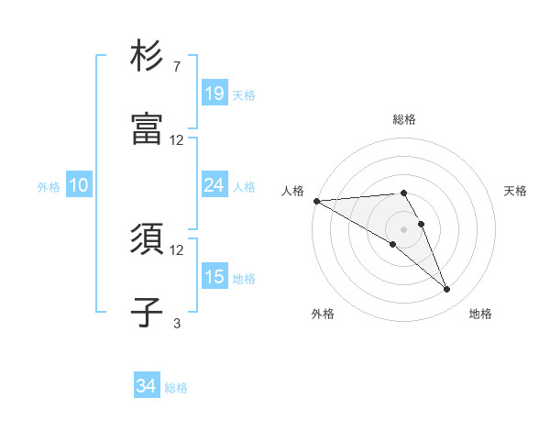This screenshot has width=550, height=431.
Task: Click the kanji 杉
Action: [147, 56]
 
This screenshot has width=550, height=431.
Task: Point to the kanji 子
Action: [147, 312]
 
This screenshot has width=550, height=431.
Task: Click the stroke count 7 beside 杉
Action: [176, 67]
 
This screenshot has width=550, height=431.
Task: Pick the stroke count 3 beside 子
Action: [176, 323]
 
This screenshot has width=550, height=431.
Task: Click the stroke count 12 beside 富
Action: [176, 140]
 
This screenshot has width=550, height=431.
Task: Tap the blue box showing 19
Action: [214, 93]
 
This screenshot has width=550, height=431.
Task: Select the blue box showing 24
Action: [214, 185]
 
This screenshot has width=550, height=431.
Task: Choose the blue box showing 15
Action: [214, 277]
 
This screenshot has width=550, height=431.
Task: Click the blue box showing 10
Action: [79, 185]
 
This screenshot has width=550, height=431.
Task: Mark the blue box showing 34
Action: [147, 386]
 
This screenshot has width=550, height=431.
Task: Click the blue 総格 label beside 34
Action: [176, 388]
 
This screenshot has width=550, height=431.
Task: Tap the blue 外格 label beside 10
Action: [49, 187]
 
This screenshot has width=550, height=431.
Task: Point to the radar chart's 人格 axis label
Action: [291, 191]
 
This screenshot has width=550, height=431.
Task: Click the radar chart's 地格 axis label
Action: [480, 314]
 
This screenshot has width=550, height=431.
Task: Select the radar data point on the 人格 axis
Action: [316, 201]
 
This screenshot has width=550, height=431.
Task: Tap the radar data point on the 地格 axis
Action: [446, 290]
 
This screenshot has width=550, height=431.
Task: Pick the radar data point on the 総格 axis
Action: [403, 193]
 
